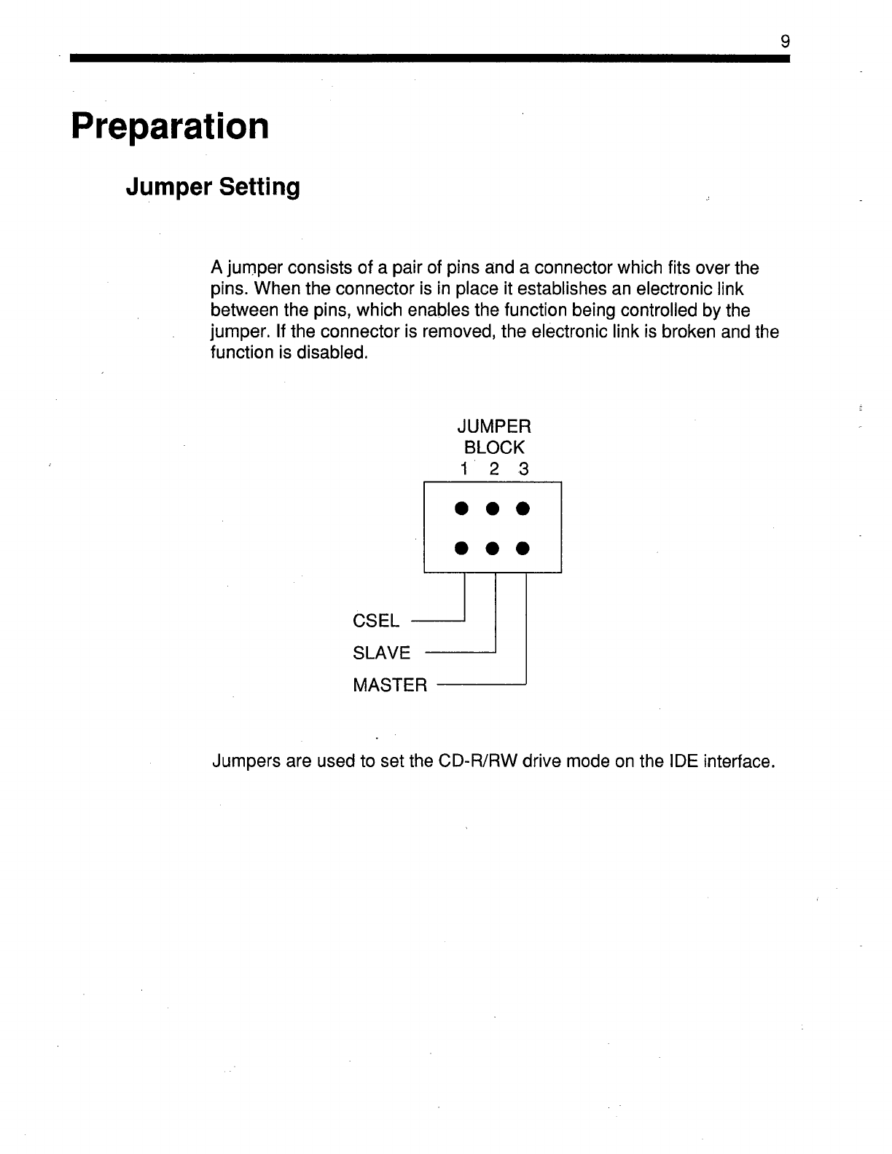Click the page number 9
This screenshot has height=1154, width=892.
coord(785,42)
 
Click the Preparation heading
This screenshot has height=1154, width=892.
coord(170,126)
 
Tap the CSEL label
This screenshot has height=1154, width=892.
coord(376,621)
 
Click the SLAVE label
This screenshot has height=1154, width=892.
coord(382,653)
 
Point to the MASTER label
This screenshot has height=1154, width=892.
coord(390,686)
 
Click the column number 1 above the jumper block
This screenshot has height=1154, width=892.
coord(463,470)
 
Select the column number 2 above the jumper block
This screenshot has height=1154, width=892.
coord(493,470)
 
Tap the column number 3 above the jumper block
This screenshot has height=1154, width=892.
coord(523,470)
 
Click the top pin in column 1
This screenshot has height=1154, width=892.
coord(461,508)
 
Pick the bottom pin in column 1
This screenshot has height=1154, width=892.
coord(461,547)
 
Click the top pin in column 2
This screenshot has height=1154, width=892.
coord(492,508)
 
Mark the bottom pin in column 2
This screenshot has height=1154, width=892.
coord(492,547)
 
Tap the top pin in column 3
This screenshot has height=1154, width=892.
coord(523,508)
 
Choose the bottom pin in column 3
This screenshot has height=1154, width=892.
coord(523,547)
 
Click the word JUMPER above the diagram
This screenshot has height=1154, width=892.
coord(493,425)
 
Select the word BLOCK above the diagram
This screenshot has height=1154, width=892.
coord(493,447)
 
